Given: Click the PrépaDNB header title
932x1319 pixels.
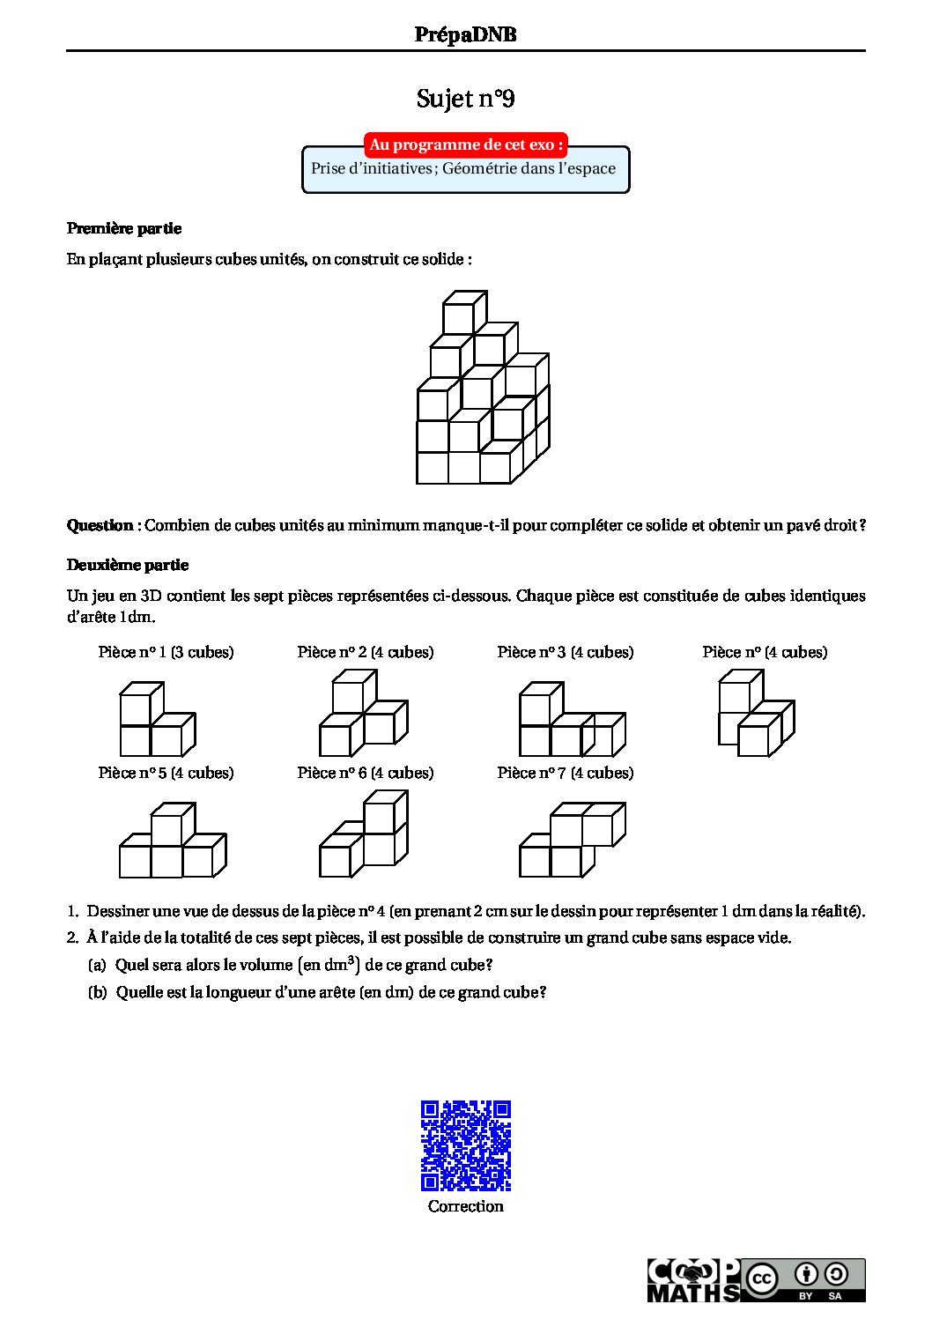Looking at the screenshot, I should (x=465, y=34).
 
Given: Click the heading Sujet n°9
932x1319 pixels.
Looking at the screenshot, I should (x=465, y=99).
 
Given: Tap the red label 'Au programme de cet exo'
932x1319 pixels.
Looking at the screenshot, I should (x=465, y=144).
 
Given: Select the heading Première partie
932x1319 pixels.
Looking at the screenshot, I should (x=124, y=228).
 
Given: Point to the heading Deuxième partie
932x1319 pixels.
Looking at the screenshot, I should (x=128, y=565).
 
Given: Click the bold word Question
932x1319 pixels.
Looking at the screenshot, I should (x=100, y=525).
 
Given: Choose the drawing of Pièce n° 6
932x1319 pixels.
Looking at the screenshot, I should (x=363, y=834).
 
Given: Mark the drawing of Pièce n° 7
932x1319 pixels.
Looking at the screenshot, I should (x=572, y=840).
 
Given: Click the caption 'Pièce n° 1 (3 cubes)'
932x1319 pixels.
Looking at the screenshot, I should (x=166, y=652).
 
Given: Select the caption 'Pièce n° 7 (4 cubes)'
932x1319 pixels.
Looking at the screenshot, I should (x=565, y=773).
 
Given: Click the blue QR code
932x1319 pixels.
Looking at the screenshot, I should (x=466, y=1145).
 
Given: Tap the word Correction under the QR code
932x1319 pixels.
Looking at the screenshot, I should (x=465, y=1206).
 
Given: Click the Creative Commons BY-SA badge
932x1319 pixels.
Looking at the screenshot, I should (x=803, y=1280).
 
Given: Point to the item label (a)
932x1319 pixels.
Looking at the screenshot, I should (x=97, y=965).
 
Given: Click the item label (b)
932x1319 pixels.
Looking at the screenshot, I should (x=97, y=992).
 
